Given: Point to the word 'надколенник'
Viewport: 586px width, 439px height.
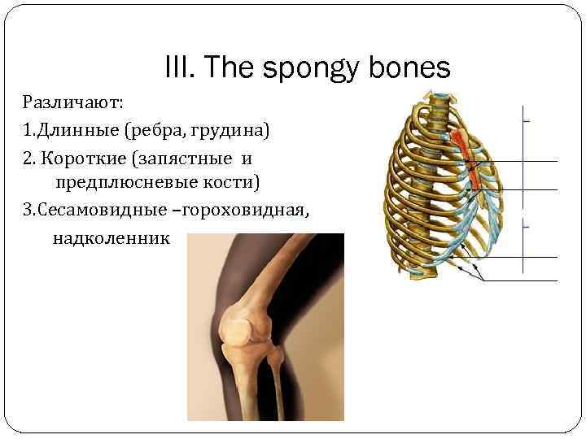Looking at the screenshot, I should pos(112,237).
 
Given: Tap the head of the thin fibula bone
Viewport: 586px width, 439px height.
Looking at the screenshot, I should pos(279,359).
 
